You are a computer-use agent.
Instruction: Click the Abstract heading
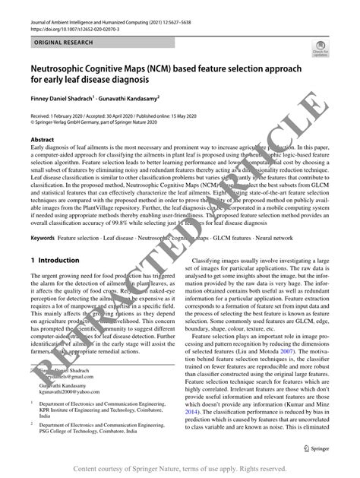(43, 141)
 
